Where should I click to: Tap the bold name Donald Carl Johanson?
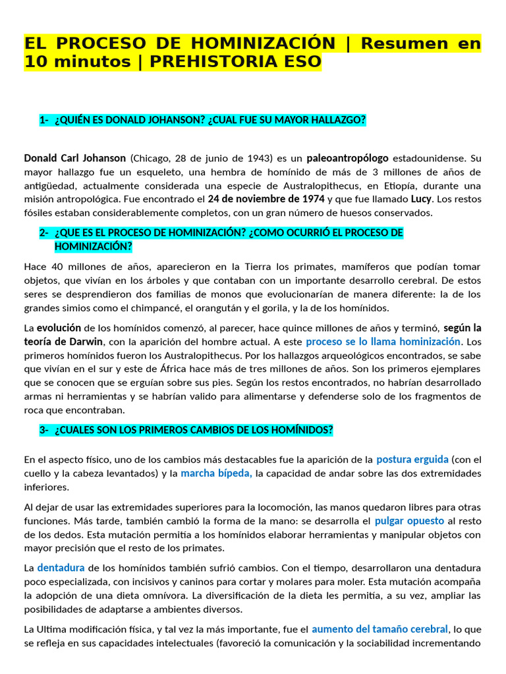pyautogui.click(x=74, y=158)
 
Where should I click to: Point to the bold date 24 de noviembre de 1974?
pyautogui.click(x=266, y=199)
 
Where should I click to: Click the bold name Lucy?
pyautogui.click(x=421, y=199)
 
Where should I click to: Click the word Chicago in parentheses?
pyautogui.click(x=152, y=158)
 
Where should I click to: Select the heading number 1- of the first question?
pyautogui.click(x=44, y=119)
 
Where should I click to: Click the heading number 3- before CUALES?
pyautogui.click(x=44, y=430)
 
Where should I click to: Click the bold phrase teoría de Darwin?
pyautogui.click(x=64, y=342)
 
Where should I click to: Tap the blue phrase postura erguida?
pyautogui.click(x=412, y=459)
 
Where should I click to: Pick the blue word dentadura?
pyautogui.click(x=61, y=567)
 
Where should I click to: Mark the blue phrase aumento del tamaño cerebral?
pyautogui.click(x=379, y=629)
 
